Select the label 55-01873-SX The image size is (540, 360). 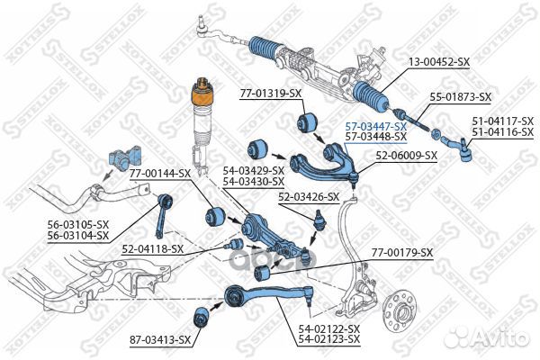click(x=460, y=96)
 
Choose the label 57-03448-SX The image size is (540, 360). click(x=375, y=139)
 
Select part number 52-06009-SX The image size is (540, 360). click(x=407, y=155)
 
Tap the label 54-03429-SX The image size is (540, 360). click(x=254, y=169)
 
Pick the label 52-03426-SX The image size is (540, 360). click(x=309, y=196)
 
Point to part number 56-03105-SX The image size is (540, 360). click(x=78, y=224)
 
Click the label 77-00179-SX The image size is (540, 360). click(x=401, y=253)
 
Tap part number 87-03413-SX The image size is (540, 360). click(x=159, y=339)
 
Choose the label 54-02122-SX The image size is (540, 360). click(x=329, y=329)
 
